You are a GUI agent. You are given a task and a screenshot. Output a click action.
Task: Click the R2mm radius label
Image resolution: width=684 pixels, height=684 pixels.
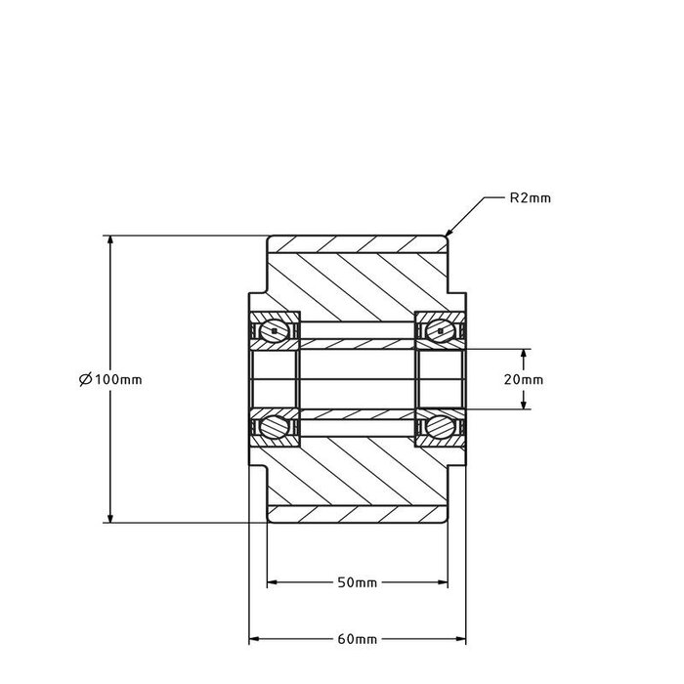click(x=531, y=197)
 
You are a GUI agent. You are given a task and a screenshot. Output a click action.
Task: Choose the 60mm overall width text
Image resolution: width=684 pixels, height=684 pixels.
click(x=357, y=640)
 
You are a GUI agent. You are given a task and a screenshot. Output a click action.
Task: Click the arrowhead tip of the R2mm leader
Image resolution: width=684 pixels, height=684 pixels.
click(x=449, y=235)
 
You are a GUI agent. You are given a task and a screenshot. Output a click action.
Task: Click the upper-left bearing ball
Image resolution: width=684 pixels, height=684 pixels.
click(x=276, y=331)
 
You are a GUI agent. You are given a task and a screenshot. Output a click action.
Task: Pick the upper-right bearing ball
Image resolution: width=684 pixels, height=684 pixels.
click(x=442, y=331)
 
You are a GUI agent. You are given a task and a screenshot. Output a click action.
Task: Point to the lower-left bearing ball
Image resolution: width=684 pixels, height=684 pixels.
click(x=276, y=426)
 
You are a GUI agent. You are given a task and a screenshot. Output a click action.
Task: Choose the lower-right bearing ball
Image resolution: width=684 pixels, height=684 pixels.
click(x=442, y=426)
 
